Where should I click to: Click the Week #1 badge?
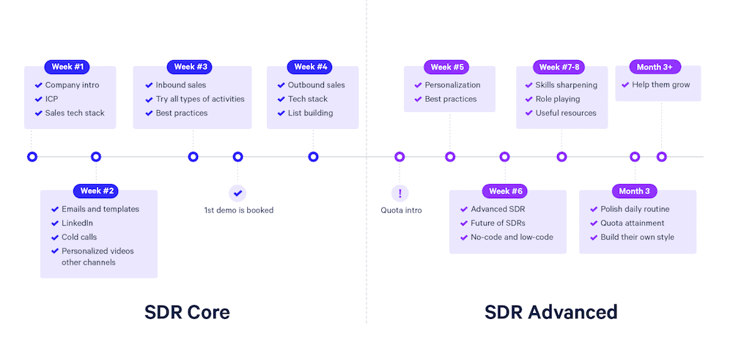click(67, 67)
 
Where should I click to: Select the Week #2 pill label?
click(96, 191)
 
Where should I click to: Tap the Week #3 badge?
click(189, 67)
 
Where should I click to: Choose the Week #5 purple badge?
click(446, 67)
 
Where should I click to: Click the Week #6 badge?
click(505, 191)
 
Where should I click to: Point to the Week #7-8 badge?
click(559, 67)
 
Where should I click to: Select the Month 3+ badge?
click(655, 67)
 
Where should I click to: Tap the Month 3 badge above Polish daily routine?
click(634, 191)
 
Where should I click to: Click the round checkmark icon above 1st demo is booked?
click(237, 193)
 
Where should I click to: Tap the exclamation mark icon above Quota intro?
click(399, 193)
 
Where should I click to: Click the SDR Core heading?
click(187, 312)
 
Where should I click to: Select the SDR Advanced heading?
click(550, 312)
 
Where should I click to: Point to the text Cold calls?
click(79, 237)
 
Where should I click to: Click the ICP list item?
click(51, 99)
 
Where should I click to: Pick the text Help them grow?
click(661, 85)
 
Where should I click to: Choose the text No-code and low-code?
click(512, 237)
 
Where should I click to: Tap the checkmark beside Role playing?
click(528, 99)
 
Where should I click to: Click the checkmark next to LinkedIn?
click(55, 223)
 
